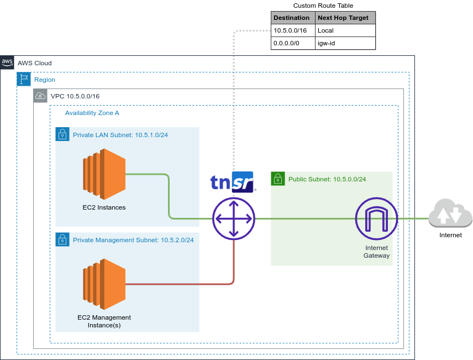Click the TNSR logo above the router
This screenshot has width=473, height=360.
coord(233,182)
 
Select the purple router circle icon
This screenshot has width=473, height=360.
coord(234,218)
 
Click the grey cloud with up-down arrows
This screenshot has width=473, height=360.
coord(450,214)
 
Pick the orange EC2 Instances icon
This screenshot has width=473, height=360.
coord(104,178)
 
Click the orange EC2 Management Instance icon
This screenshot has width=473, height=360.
coord(104,284)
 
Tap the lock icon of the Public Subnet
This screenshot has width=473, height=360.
coord(278,179)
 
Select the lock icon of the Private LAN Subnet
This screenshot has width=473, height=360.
coord(62,134)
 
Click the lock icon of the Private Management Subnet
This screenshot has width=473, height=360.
coord(62,239)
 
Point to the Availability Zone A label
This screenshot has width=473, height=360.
coord(92,113)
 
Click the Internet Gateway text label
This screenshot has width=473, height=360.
coord(376,252)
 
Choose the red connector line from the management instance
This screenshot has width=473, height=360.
coord(182,284)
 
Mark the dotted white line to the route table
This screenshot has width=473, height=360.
coord(234,100)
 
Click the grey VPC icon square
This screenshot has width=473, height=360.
coord(40,96)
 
